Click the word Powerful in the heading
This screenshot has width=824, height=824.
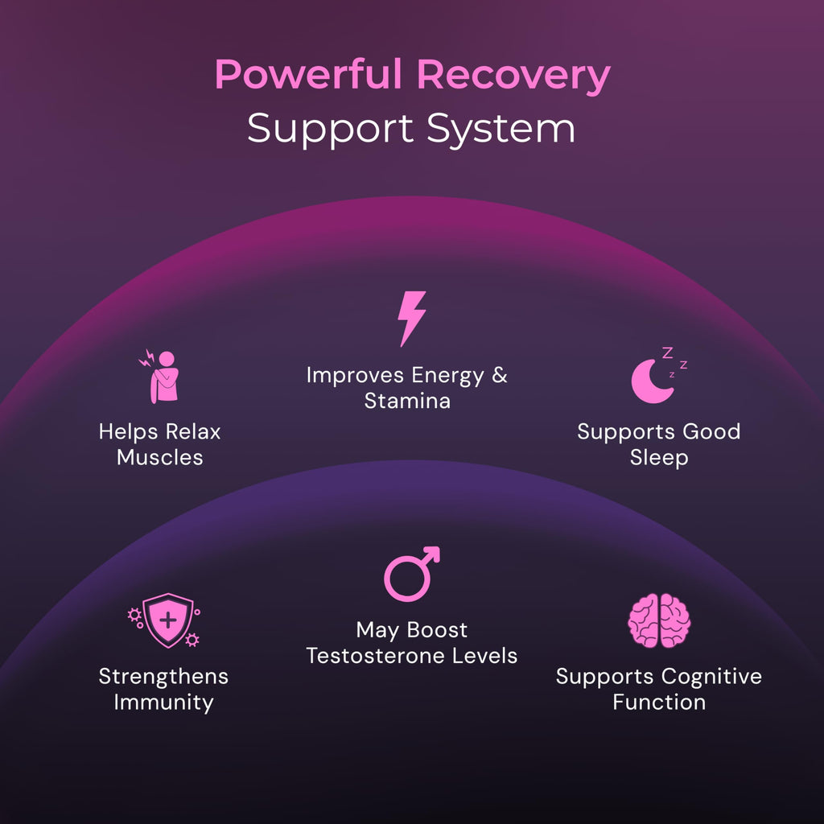308,75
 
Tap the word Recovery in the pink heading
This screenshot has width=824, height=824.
513,76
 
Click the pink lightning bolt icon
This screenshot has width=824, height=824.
411,319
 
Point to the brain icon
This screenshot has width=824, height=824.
659,620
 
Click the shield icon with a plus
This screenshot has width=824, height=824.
167,620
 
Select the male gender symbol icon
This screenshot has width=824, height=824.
411,574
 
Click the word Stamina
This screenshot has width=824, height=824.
407,401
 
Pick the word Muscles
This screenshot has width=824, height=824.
160,457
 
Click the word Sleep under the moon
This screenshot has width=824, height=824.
659,458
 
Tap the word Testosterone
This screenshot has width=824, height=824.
375,656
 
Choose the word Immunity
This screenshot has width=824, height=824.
163,702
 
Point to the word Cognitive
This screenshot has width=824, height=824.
711,677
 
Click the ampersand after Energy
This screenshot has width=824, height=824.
500,375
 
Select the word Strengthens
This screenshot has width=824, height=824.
163,676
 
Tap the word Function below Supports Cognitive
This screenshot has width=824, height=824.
659,702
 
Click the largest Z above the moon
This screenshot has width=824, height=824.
667,352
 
